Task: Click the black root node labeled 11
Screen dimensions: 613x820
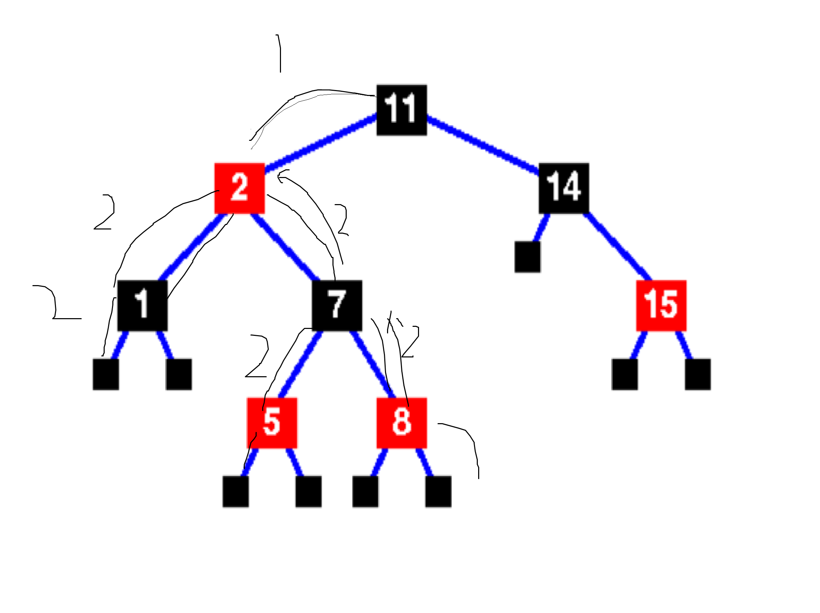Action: [401, 110]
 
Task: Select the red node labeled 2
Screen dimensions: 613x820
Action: [240, 188]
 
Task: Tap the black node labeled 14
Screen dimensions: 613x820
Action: [563, 188]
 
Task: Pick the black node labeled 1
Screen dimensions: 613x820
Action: [142, 305]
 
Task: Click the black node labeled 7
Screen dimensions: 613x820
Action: [337, 305]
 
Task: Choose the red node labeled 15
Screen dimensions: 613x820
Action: [661, 305]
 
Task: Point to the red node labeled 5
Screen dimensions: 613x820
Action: [272, 423]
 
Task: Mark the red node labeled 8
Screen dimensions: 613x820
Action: [401, 423]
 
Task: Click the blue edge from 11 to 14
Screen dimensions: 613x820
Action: [482, 145]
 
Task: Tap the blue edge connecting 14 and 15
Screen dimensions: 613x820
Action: [617, 247]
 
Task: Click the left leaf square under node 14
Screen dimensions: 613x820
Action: [528, 257]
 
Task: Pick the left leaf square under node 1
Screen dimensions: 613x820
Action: [106, 374]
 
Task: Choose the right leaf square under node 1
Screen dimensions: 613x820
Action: [179, 374]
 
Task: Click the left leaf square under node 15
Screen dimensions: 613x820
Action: [625, 374]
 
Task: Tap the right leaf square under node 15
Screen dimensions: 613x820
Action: [698, 374]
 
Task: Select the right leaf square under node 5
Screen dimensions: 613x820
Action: [308, 491]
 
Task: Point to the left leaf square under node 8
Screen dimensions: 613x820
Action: [365, 491]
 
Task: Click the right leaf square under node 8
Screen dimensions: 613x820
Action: [438, 491]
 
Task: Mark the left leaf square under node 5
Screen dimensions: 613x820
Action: [235, 491]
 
